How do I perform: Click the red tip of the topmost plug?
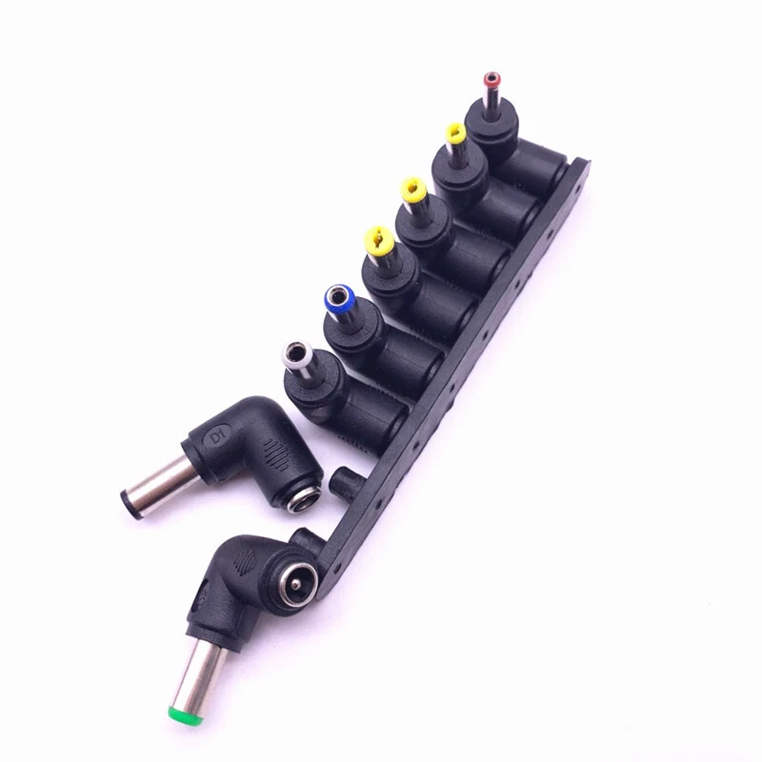click(491, 80)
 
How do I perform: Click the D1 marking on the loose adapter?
click(216, 439)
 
